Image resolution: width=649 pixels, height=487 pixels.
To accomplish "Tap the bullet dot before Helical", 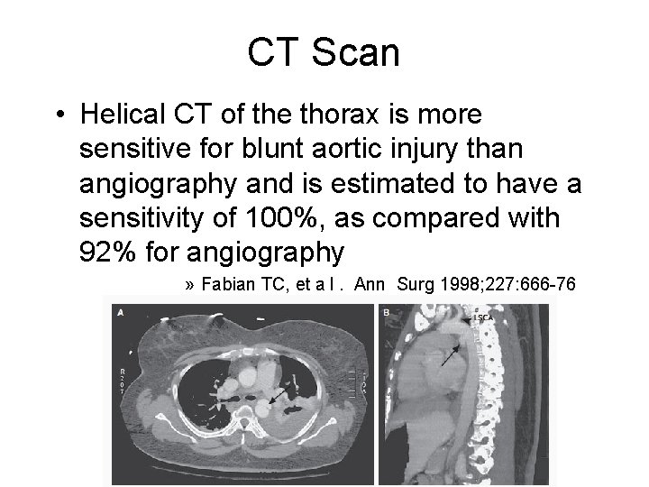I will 57,115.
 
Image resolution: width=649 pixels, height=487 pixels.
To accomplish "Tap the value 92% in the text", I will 109,252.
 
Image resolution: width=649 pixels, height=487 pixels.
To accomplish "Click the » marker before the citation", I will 190,285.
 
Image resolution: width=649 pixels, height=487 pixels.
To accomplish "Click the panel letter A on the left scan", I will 121,312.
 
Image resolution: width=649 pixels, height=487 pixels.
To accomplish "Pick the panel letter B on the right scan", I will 386,312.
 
